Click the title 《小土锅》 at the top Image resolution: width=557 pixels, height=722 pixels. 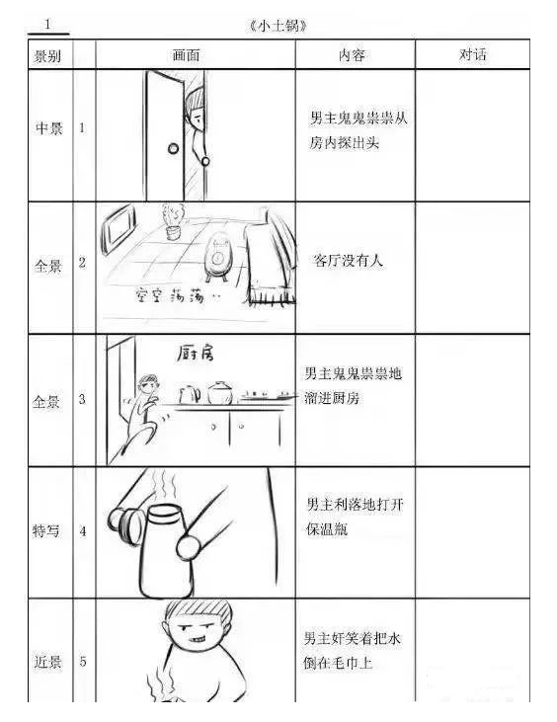coord(280,25)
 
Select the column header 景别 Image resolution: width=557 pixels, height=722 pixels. coord(48,55)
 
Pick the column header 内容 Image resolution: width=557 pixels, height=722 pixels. coord(353,55)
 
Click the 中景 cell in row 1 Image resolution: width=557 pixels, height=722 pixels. coord(48,129)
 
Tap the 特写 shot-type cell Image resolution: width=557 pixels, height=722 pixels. coord(48,531)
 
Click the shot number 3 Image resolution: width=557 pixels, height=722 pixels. coord(82,400)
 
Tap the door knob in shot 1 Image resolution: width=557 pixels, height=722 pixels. coord(174,149)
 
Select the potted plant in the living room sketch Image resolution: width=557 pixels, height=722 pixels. coord(173,223)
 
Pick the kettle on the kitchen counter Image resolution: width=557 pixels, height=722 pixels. coord(190,394)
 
